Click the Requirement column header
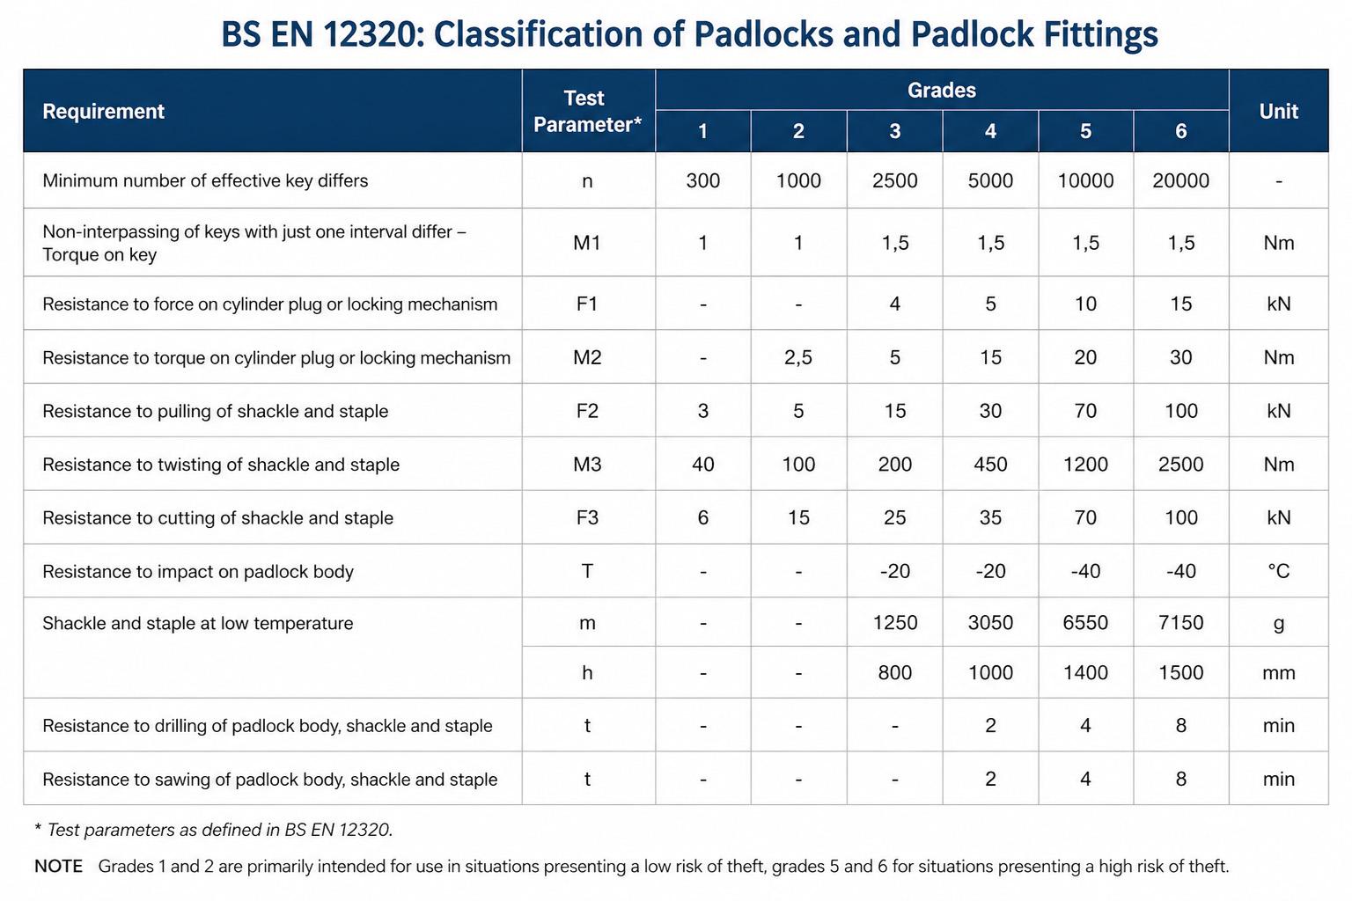coord(103,111)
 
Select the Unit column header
coord(1278,111)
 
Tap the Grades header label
coord(942,90)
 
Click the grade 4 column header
coord(990,131)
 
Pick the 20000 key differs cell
coord(1180,180)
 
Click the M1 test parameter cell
coord(587,243)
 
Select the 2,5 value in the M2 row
coord(798,357)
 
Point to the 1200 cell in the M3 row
coord(1085,464)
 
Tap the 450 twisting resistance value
coord(990,464)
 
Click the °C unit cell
coord(1278,571)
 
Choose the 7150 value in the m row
coord(1180,622)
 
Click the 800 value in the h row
coord(894,672)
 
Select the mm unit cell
coord(1278,673)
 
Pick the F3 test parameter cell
coord(587,517)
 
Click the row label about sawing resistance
coord(270,779)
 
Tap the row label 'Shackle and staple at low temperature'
coord(197,623)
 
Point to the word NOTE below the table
coord(59,866)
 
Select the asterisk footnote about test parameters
coord(214,830)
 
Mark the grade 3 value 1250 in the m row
coord(894,622)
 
